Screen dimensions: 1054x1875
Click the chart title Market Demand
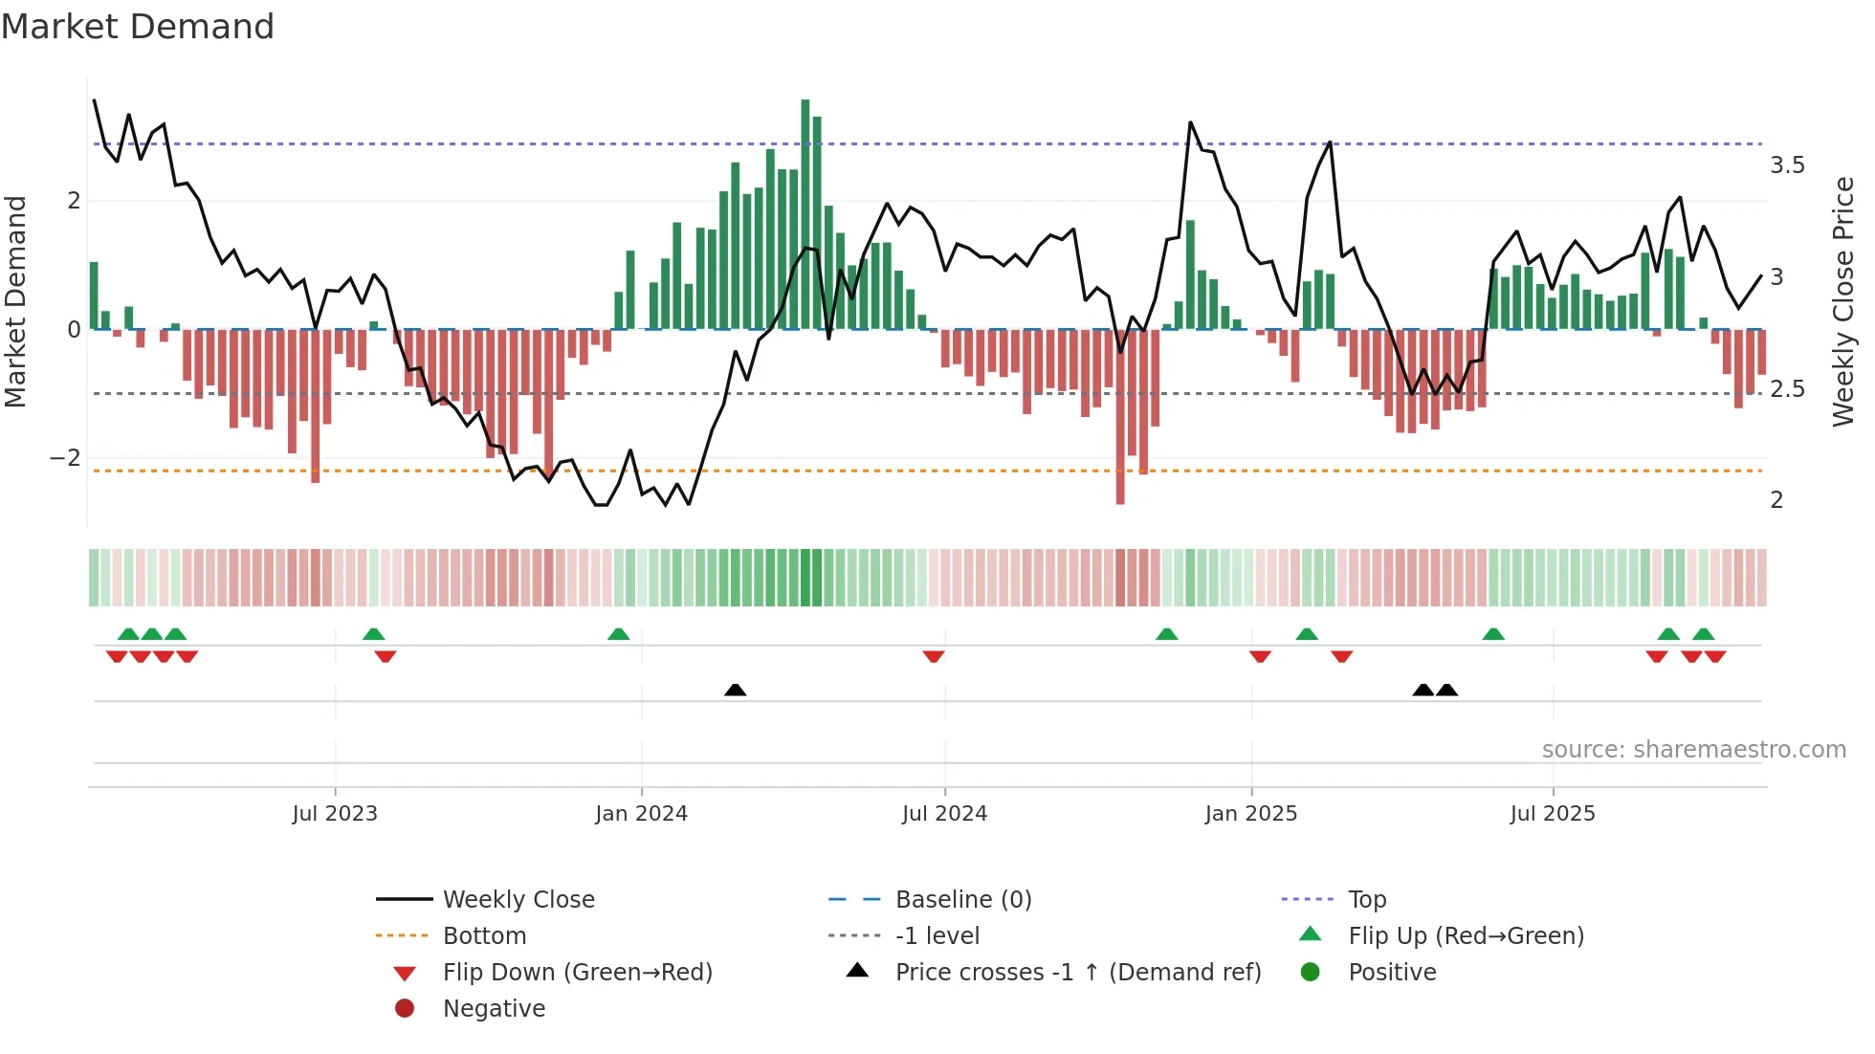138,26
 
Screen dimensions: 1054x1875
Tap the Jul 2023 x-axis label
335,813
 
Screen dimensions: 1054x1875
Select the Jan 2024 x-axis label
641,813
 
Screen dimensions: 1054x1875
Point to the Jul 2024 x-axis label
944,813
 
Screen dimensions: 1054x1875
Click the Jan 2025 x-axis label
1250,813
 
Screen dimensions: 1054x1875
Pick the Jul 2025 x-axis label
1553,813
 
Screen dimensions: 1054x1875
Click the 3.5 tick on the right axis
1787,165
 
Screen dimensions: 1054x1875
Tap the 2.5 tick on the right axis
1787,388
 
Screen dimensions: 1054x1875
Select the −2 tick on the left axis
65,457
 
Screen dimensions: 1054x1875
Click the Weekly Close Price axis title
1843,300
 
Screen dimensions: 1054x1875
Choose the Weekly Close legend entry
518,899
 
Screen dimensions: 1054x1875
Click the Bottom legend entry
484,935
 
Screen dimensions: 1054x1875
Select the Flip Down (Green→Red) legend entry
577,972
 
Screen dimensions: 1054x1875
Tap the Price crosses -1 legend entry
1077,972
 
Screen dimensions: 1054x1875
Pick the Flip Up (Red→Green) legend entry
1466,935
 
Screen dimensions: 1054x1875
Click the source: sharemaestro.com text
1693,749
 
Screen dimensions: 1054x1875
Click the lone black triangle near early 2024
735,690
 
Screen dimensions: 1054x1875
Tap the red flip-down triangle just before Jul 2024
934,656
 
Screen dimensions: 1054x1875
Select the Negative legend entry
494,1008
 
